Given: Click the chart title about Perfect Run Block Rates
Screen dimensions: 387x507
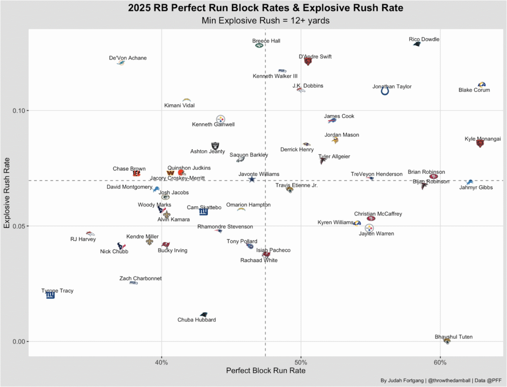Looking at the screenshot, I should pyautogui.click(x=265, y=8).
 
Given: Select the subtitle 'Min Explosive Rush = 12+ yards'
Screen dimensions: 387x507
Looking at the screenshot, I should pyautogui.click(x=265, y=21).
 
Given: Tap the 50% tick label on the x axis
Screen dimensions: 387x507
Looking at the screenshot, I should pyautogui.click(x=301, y=362).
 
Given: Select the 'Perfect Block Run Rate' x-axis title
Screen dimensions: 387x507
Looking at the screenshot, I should pyautogui.click(x=265, y=371).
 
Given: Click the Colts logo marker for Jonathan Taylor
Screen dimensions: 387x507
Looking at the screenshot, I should pyautogui.click(x=385, y=91).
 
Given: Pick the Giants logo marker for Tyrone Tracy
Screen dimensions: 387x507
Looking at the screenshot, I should pyautogui.click(x=50, y=295).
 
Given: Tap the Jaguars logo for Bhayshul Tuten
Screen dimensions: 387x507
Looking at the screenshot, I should pyautogui.click(x=447, y=341).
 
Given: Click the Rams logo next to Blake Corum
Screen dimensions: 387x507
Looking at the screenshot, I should pyautogui.click(x=481, y=85).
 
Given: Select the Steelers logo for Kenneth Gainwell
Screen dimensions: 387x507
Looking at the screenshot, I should pyautogui.click(x=220, y=119).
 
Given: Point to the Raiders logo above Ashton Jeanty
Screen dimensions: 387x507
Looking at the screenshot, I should pyautogui.click(x=215, y=146).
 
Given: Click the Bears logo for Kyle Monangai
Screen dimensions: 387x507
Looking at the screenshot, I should pyautogui.click(x=479, y=143).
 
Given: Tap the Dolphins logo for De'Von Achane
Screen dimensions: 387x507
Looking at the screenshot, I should pyautogui.click(x=120, y=63).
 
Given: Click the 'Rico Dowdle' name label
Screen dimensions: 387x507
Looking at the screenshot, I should pyautogui.click(x=424, y=40).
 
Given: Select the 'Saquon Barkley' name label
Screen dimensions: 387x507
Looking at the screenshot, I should pyautogui.click(x=249, y=155).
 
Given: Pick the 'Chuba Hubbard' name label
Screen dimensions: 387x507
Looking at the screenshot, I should pyautogui.click(x=197, y=320).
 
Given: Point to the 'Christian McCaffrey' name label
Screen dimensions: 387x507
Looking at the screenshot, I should pyautogui.click(x=378, y=214).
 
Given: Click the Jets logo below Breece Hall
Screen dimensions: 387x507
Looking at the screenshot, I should pyautogui.click(x=259, y=46).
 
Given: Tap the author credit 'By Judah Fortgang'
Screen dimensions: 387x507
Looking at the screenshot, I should pyautogui.click(x=401, y=381).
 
